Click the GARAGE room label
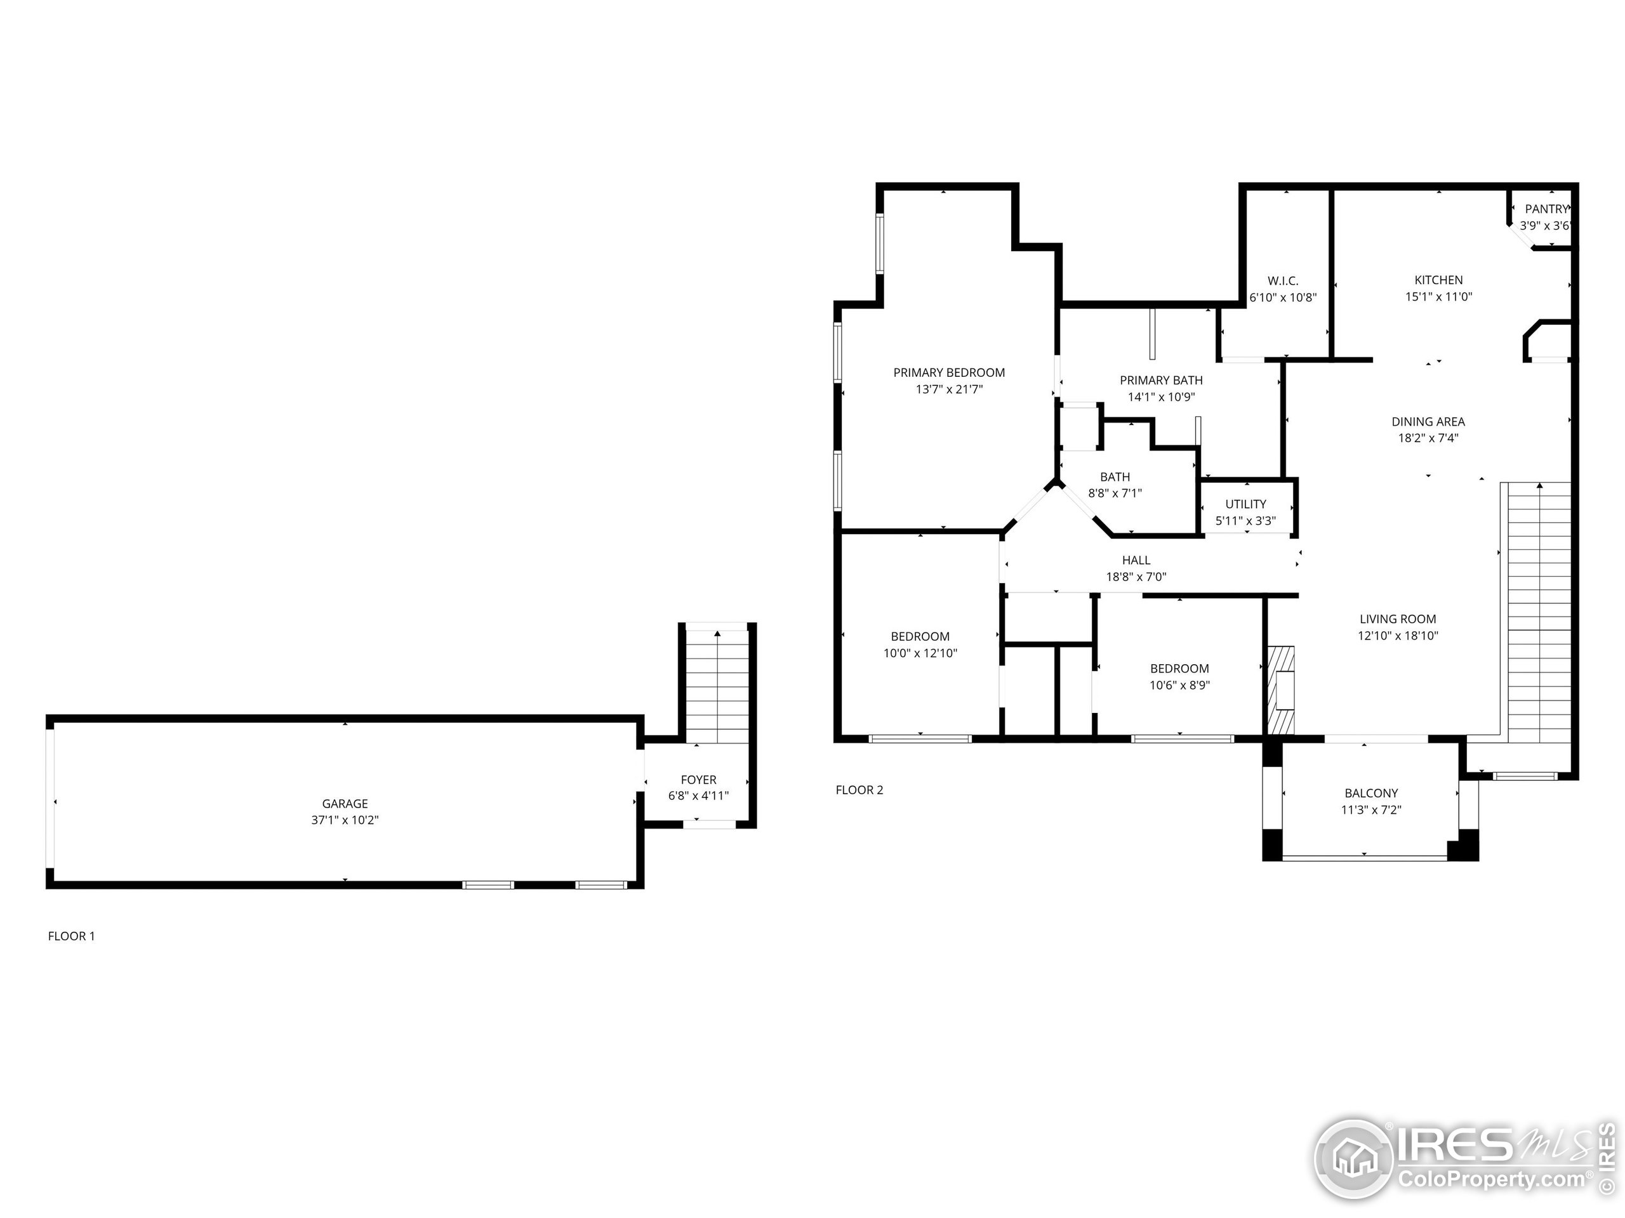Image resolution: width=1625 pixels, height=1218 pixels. point(345,804)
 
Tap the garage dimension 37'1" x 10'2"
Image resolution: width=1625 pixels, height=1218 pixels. point(345,820)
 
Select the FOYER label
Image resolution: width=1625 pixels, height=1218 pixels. point(698,780)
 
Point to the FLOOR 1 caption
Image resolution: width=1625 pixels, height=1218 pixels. point(71,936)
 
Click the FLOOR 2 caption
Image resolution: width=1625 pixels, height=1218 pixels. point(859,790)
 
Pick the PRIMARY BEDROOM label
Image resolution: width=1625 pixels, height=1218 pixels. point(949,373)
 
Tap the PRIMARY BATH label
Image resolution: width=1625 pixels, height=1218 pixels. point(1161,380)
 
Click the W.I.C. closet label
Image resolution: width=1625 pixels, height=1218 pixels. point(1283,281)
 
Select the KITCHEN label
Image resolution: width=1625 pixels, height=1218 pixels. point(1438,280)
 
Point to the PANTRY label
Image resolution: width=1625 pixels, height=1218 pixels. point(1546,209)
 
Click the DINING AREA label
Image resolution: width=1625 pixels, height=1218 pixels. point(1428,421)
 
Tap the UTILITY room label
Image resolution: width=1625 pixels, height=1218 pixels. point(1246,504)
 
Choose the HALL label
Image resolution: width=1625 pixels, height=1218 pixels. point(1136,560)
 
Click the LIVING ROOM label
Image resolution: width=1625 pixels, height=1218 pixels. point(1397,619)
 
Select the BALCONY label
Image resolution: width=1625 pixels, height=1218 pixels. point(1371,793)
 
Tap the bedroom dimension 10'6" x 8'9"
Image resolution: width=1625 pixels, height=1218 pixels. point(1179,685)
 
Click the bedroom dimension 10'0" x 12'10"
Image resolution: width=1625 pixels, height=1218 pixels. point(920,653)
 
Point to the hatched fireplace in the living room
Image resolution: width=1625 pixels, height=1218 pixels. point(1280,690)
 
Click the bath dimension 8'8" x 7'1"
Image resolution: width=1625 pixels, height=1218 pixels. point(1115,494)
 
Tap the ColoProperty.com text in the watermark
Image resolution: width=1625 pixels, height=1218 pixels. point(1491,1180)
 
